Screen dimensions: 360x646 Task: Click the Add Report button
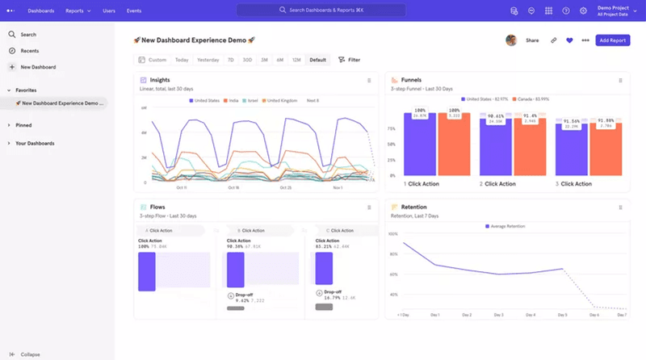click(612, 40)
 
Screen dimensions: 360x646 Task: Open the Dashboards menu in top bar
click(40, 10)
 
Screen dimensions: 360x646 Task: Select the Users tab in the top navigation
click(108, 10)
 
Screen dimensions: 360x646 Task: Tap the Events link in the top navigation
click(134, 10)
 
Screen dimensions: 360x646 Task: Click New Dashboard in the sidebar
click(38, 67)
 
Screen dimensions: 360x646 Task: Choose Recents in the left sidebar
click(29, 51)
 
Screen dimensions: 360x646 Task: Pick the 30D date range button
click(248, 60)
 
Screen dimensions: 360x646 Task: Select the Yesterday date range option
click(208, 60)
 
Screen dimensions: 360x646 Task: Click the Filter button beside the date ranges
click(349, 60)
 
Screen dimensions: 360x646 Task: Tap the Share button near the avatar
click(532, 40)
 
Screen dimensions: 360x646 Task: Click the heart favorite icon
click(569, 40)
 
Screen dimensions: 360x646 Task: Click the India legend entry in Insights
click(233, 100)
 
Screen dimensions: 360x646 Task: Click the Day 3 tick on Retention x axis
click(498, 315)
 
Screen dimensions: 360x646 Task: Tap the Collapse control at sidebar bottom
click(30, 354)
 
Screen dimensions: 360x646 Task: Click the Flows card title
click(157, 207)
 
